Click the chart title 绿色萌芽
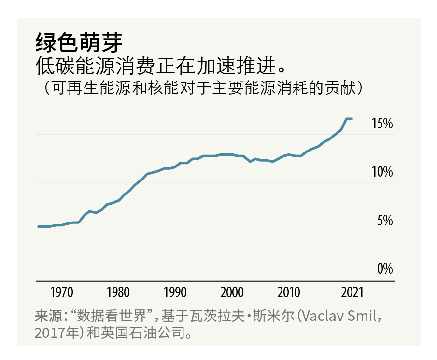pos(79,43)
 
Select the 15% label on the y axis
pos(382,124)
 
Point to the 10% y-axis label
pos(382,172)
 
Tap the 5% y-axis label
pos(385,221)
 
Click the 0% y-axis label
pos(385,269)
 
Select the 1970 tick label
pos(61,292)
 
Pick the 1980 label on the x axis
pos(118,292)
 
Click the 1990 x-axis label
pos(175,292)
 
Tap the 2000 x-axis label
pos(232,292)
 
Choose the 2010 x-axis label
pos(289,292)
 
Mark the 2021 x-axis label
pos(352,292)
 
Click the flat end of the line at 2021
pos(351,119)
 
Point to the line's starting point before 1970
pos(38,226)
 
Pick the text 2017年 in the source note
pos(56,333)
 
